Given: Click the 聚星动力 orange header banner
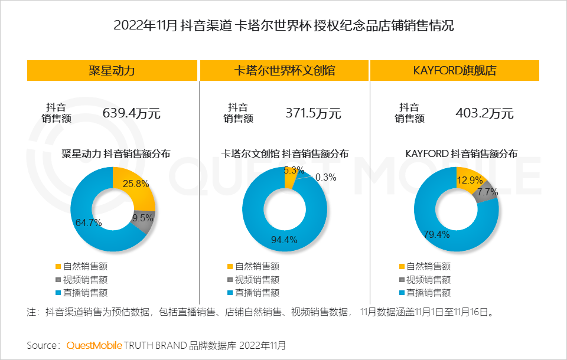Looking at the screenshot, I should (x=112, y=71).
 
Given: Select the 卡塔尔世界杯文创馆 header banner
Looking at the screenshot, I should (x=284, y=71).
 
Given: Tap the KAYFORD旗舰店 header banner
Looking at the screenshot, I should (x=455, y=71).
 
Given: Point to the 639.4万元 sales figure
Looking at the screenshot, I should (x=132, y=113).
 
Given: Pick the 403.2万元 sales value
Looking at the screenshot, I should (x=484, y=113).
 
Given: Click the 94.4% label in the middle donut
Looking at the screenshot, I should (x=283, y=240).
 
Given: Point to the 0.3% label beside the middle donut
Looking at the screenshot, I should (x=326, y=177).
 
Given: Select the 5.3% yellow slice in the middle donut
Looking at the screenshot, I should (x=289, y=175).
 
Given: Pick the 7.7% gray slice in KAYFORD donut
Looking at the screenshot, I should (x=487, y=193).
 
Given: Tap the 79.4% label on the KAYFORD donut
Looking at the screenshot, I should (x=436, y=234).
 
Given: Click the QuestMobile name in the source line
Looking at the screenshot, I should (x=94, y=345).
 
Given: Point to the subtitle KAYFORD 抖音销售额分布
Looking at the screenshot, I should (x=461, y=153).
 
